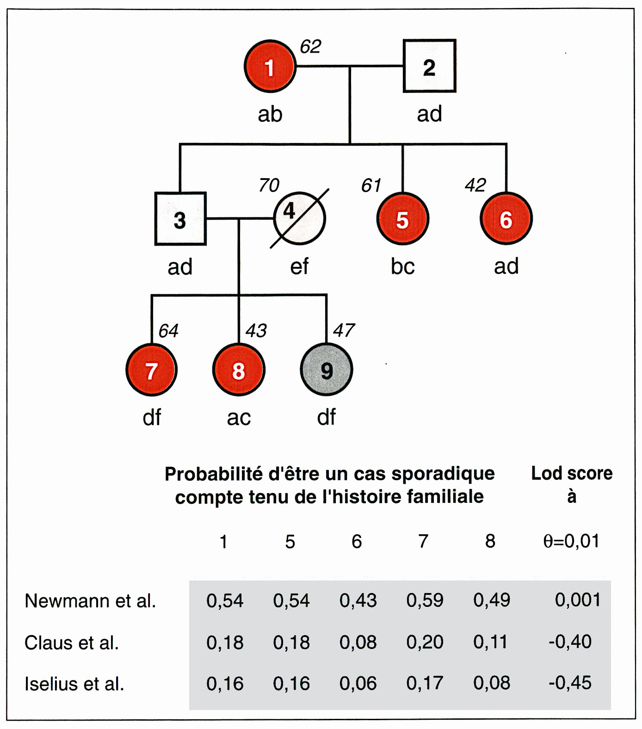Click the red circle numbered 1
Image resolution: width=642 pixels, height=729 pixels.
point(270,67)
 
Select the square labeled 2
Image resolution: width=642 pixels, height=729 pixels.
point(429,66)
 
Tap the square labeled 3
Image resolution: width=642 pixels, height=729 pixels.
point(180,218)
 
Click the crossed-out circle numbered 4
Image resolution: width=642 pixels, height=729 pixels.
point(299,218)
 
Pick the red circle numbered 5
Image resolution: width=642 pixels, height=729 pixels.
point(402,218)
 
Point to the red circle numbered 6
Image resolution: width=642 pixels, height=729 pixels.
point(506,218)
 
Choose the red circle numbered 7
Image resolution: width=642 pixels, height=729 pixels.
point(151,370)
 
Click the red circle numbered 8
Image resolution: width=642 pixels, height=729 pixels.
point(239,370)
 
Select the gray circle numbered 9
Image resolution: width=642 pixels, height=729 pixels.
point(327,370)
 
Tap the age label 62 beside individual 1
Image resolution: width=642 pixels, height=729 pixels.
point(310,46)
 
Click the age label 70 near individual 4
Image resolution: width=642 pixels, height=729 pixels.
point(269,185)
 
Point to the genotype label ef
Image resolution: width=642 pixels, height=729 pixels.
point(299,266)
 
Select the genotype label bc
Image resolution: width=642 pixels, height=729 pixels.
point(402,266)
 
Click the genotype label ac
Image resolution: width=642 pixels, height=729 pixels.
point(239,418)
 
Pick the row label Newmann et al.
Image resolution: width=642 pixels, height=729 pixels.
point(90,600)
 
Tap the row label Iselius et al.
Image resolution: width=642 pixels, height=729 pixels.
point(74,683)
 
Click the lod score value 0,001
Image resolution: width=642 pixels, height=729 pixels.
point(577,600)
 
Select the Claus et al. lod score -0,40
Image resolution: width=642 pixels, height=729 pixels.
point(570,642)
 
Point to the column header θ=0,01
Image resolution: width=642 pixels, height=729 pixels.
point(571,541)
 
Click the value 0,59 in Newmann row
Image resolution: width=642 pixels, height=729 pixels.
point(425,600)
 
